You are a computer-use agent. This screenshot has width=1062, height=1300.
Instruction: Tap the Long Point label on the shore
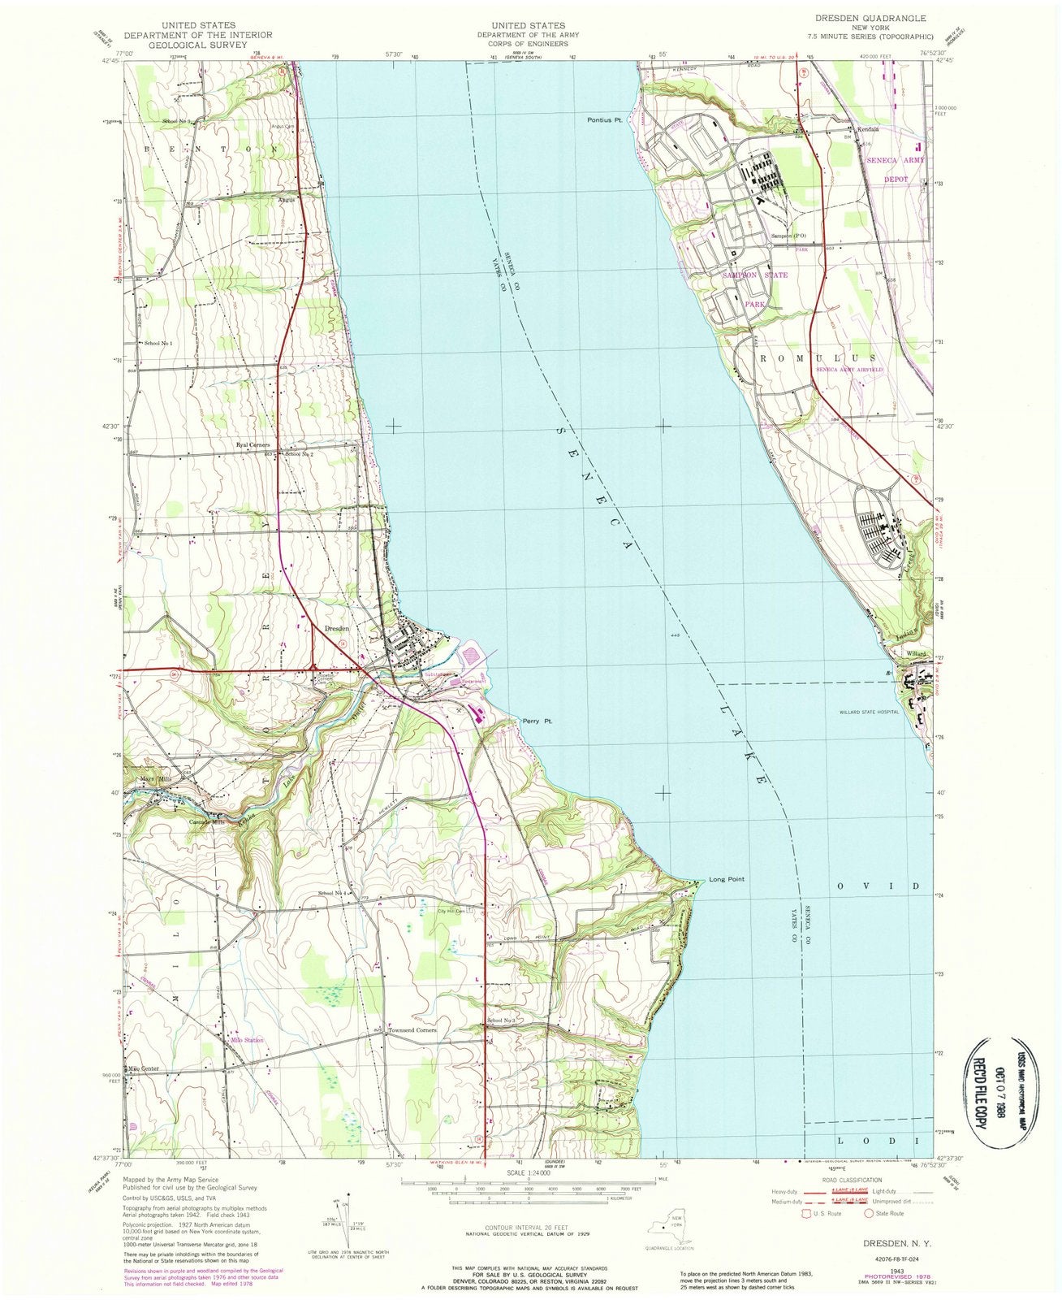[x=726, y=879]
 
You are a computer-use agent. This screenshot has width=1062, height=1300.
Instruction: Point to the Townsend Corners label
[x=413, y=1030]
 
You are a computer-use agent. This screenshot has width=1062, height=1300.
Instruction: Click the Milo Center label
[x=141, y=1068]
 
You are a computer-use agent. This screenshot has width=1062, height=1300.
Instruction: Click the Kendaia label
[x=866, y=129]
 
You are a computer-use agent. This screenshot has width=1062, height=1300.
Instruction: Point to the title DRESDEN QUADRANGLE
[x=858, y=16]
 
